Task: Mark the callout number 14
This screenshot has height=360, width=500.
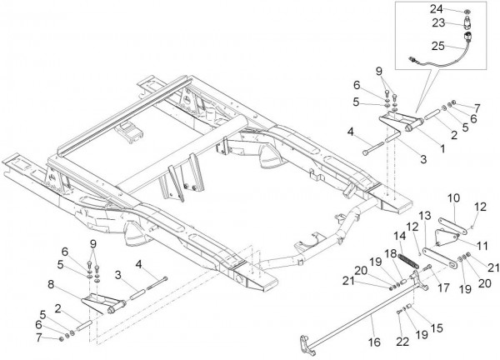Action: coord(400,237)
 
